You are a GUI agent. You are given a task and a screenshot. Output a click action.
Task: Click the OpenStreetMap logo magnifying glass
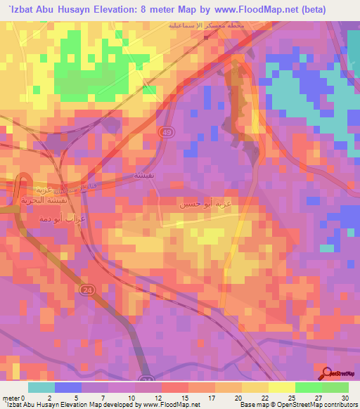pyautogui.click(x=326, y=373)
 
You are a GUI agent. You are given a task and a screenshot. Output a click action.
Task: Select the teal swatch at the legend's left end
pyautogui.click(x=41, y=387)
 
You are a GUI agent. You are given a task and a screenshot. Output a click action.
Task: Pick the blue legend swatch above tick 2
pyautogui.click(x=68, y=387)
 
